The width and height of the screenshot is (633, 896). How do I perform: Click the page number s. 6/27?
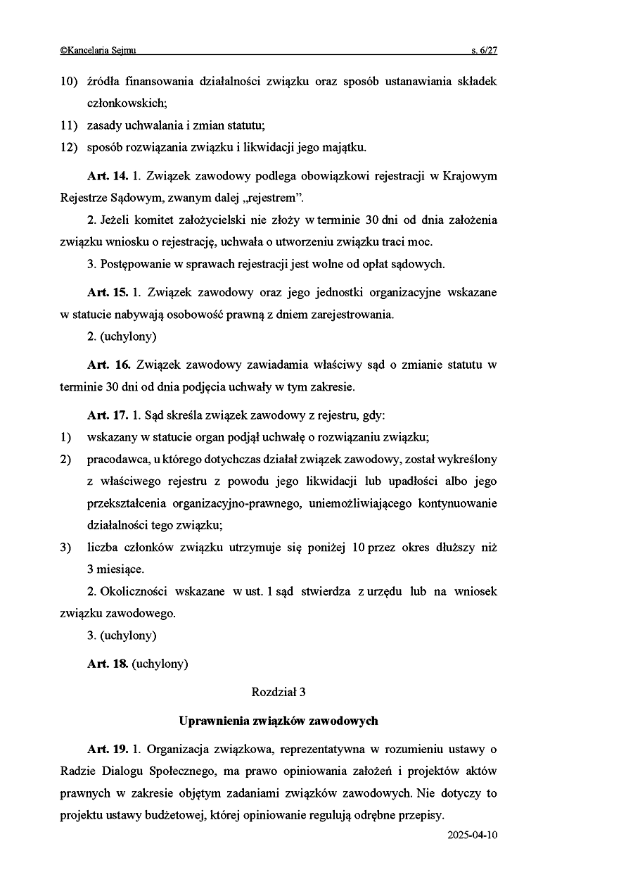[x=484, y=51]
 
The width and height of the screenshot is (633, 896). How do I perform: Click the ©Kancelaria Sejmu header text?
[x=98, y=51]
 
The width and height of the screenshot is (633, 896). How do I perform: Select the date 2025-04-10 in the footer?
[x=472, y=835]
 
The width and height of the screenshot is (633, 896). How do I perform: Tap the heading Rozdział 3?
[x=279, y=692]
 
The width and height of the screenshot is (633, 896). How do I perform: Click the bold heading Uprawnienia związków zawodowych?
[x=279, y=721]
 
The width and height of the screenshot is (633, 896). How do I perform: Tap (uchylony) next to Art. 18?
[x=160, y=663]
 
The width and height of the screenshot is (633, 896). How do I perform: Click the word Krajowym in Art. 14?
[x=471, y=176]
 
